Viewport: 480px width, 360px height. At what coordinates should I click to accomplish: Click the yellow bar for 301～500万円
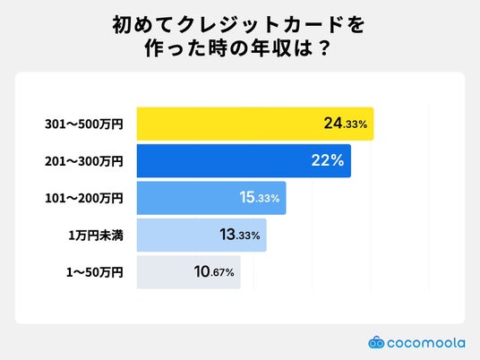click(x=255, y=124)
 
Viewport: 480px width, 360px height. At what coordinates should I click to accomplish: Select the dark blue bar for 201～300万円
click(x=244, y=160)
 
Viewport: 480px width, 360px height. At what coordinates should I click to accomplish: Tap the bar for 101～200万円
click(x=211, y=198)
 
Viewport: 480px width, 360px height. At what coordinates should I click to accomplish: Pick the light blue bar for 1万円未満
click(x=201, y=236)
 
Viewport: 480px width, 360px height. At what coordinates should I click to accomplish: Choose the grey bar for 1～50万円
click(x=189, y=272)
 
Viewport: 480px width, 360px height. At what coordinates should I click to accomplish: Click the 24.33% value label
click(x=346, y=124)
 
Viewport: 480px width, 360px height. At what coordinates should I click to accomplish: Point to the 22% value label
click(x=328, y=160)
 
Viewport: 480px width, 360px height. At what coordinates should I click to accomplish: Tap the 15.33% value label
click(x=260, y=197)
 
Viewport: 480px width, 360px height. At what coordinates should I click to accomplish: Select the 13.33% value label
click(x=240, y=235)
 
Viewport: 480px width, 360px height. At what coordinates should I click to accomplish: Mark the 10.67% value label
click(x=214, y=272)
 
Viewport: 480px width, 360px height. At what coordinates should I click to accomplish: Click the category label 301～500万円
click(x=84, y=124)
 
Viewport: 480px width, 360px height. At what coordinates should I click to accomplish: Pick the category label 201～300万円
click(x=84, y=161)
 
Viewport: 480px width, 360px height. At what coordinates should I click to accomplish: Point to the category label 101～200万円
click(x=84, y=198)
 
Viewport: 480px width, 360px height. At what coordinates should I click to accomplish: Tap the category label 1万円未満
click(x=96, y=236)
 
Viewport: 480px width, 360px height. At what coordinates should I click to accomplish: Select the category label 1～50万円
click(x=95, y=272)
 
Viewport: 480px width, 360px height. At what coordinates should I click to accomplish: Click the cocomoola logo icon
click(x=376, y=342)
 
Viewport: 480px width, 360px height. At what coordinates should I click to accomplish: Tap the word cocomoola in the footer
click(x=426, y=343)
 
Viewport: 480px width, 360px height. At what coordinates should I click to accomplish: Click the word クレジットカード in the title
click(x=260, y=25)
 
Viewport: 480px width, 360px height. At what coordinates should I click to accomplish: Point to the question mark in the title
click(x=323, y=48)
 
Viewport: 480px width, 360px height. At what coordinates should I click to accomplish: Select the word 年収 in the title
click(x=270, y=48)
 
